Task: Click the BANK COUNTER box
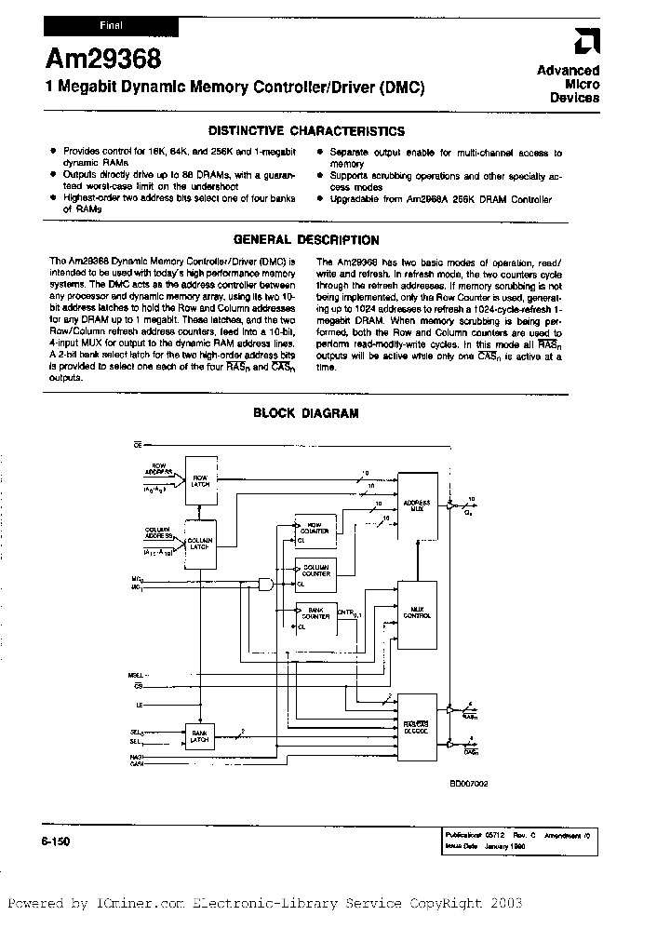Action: [315, 616]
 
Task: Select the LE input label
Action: [138, 706]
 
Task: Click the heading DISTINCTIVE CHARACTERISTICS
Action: [305, 132]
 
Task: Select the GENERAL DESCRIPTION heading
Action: [305, 240]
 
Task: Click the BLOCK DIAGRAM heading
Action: [305, 413]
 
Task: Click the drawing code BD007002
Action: [468, 783]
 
